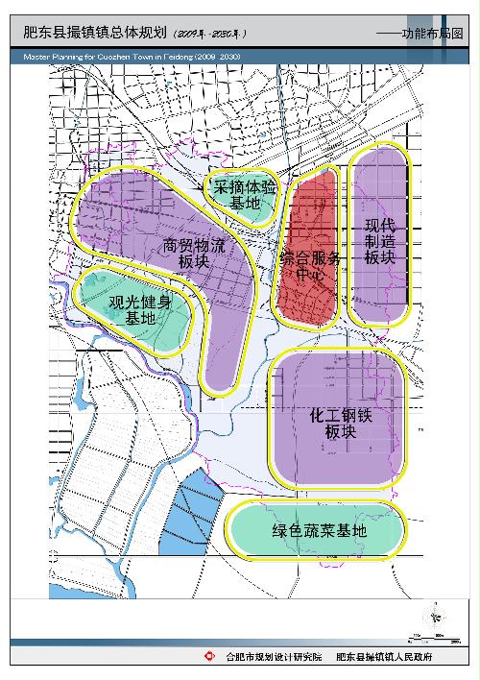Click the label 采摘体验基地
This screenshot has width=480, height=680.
click(245, 195)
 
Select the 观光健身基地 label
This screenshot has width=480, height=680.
click(140, 310)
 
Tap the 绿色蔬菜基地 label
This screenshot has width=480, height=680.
click(319, 531)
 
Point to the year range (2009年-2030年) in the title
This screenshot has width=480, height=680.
click(210, 35)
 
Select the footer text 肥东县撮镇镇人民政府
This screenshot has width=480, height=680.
click(384, 658)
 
